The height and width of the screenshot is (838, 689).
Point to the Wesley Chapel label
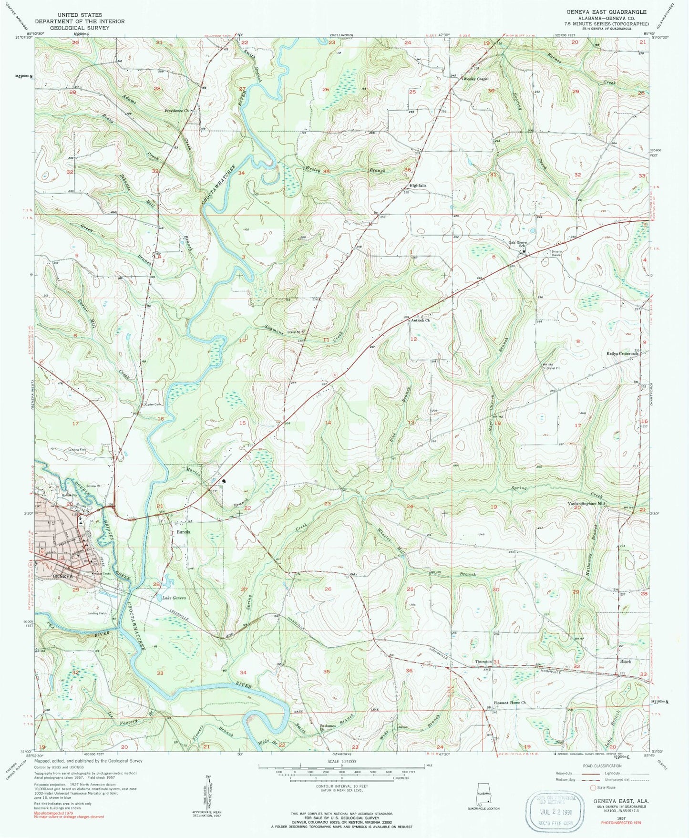pos(476,79)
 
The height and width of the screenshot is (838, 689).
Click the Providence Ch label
pos(176,111)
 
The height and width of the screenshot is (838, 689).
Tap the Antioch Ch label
pos(421,321)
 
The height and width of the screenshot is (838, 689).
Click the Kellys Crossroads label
pos(622,354)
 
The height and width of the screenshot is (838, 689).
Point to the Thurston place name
pos(483,662)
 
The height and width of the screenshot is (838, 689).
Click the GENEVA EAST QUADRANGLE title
pos(606,11)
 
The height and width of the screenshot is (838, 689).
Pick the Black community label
pos(625,662)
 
